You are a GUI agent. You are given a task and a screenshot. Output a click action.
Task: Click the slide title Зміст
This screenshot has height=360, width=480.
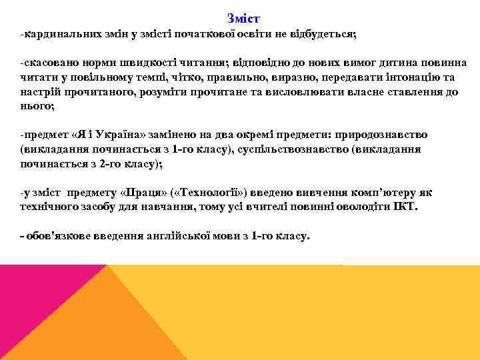(243, 17)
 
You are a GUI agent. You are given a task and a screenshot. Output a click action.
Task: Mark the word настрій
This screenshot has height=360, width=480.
(39, 92)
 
